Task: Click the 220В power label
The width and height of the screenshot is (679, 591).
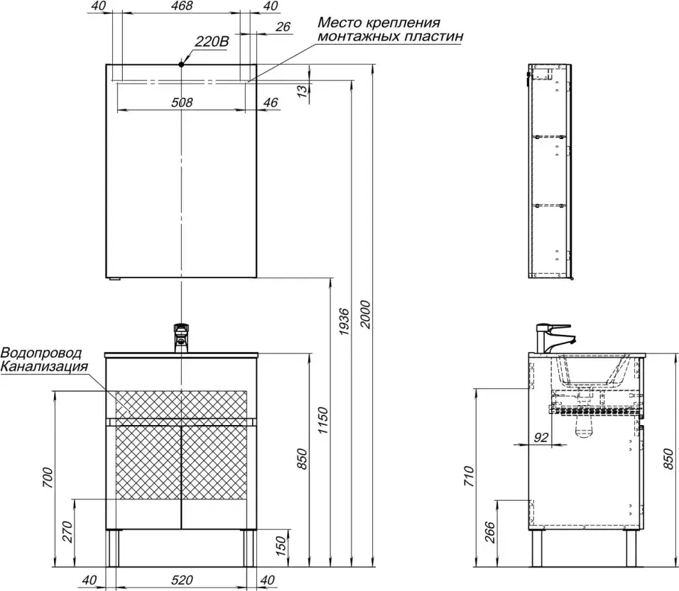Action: point(212,42)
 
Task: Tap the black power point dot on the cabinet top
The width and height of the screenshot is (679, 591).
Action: point(181,64)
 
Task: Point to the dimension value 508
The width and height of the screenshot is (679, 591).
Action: point(182,103)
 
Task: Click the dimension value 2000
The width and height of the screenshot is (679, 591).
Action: point(366,314)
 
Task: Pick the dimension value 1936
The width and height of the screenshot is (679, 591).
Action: point(343,322)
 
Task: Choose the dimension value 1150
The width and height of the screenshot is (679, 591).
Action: point(322,421)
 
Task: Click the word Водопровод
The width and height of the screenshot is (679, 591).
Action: point(41,353)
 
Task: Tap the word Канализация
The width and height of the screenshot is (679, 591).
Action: point(44,367)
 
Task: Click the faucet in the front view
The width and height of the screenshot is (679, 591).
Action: point(181,338)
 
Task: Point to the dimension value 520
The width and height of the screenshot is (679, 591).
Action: point(182,580)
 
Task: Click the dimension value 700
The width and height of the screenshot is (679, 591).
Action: point(48,478)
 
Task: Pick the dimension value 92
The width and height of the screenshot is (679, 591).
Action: point(541,437)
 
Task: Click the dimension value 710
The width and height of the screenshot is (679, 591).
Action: point(469,476)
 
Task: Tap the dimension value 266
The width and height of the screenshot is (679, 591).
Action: point(489,533)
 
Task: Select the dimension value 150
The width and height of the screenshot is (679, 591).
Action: point(281,546)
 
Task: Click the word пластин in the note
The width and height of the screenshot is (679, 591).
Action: point(433,36)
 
